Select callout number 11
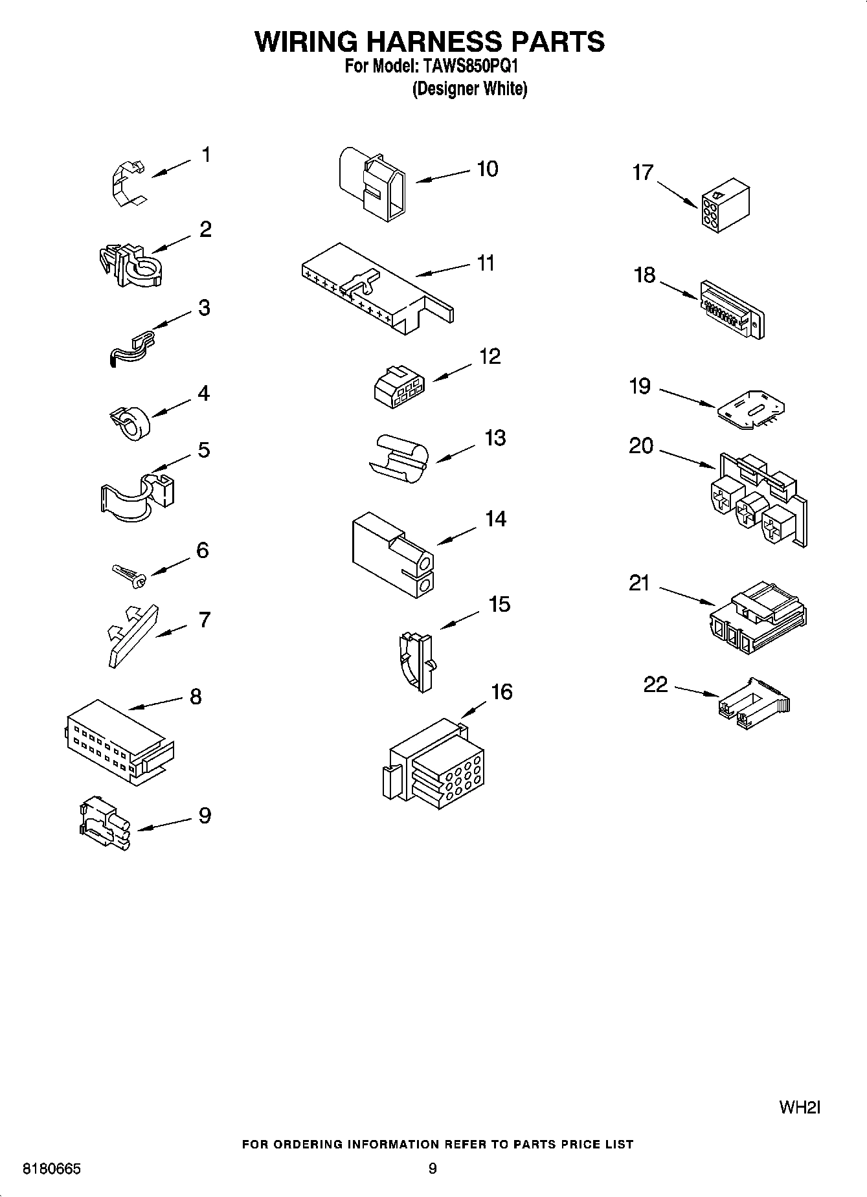pos(486,263)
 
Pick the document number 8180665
pos(52,1170)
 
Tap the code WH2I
pos(799,1107)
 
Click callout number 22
pos(655,684)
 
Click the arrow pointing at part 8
pos(155,704)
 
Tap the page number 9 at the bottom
pos(433,1169)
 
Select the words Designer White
pos(469,89)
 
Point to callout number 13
pos(495,438)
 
